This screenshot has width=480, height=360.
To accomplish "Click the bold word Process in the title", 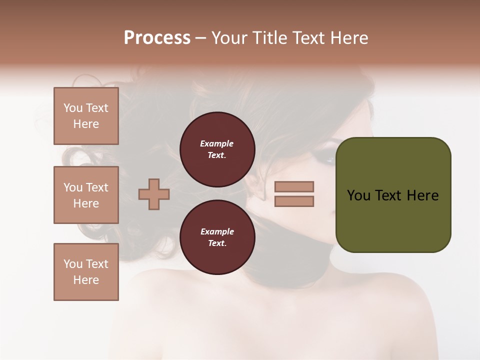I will tap(157, 38).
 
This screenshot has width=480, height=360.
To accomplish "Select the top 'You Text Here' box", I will tap(86, 116).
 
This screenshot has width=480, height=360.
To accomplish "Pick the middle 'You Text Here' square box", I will tap(86, 195).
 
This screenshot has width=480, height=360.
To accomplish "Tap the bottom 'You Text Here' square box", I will tap(86, 272).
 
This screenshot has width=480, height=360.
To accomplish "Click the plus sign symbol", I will tap(154, 194).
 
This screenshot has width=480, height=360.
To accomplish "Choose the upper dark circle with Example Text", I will tap(217, 149).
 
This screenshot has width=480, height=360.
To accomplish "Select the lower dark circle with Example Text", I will tap(217, 237).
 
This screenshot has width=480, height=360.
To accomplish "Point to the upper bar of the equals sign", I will tap(294, 186).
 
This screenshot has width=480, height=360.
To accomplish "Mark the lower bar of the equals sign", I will tap(294, 201).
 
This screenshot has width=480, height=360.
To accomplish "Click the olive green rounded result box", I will tap(393, 195).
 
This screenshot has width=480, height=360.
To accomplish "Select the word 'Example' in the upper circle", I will tap(217, 143).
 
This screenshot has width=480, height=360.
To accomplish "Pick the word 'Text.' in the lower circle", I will tap(217, 243).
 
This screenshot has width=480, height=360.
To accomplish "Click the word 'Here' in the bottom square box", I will tap(86, 280).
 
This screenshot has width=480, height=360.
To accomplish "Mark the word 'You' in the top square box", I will tap(73, 108).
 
